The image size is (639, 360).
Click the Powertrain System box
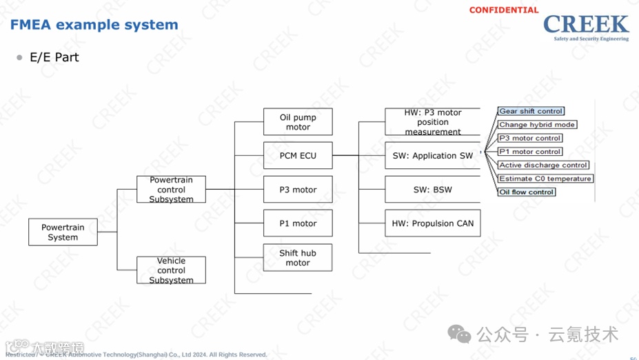(x=63, y=232)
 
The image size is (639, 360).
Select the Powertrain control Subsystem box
(x=171, y=190)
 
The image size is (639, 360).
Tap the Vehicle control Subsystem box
(x=171, y=270)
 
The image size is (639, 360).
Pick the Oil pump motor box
(x=298, y=122)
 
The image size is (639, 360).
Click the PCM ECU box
(x=298, y=156)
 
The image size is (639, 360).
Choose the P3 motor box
(x=298, y=190)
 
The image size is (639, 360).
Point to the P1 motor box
(x=298, y=223)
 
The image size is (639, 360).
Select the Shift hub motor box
(x=298, y=257)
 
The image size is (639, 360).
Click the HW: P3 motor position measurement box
(x=433, y=122)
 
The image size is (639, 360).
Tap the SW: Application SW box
(x=433, y=156)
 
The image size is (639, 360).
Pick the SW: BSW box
(x=433, y=190)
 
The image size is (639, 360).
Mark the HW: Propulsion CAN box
(x=433, y=223)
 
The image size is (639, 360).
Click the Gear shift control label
(x=531, y=111)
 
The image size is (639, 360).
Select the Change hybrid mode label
(x=537, y=125)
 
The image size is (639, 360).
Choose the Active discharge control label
(x=543, y=166)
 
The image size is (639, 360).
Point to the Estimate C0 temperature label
(x=545, y=179)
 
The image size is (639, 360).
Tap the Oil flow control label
(x=527, y=192)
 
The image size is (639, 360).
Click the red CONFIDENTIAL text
(x=504, y=10)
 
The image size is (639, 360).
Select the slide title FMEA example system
(x=94, y=25)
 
